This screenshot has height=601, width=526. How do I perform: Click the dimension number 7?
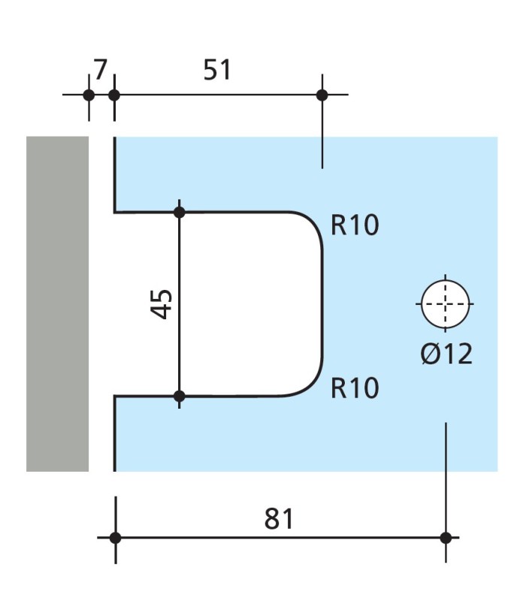tap(100, 69)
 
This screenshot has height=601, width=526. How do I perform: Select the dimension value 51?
tap(217, 69)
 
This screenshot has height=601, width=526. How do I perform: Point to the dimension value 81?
tap(279, 518)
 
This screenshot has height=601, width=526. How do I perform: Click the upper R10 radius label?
tap(355, 225)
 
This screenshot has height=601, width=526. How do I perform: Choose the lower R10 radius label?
tap(355, 388)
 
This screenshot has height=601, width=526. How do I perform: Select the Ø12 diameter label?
tap(446, 352)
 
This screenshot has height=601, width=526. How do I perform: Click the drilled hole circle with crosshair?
tap(445, 304)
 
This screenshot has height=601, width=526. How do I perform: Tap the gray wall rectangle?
tap(57, 304)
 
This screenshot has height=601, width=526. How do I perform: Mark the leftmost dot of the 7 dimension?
tap(89, 95)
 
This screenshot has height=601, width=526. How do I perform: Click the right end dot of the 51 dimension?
tap(322, 95)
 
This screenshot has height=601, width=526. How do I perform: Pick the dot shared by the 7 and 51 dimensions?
tap(114, 95)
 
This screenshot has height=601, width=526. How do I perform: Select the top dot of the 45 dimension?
tap(179, 212)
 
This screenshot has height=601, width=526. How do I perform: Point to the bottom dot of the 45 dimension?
tap(179, 396)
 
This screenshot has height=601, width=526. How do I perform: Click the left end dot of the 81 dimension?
tap(115, 538)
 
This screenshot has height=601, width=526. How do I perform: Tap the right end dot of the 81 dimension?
tap(446, 538)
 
